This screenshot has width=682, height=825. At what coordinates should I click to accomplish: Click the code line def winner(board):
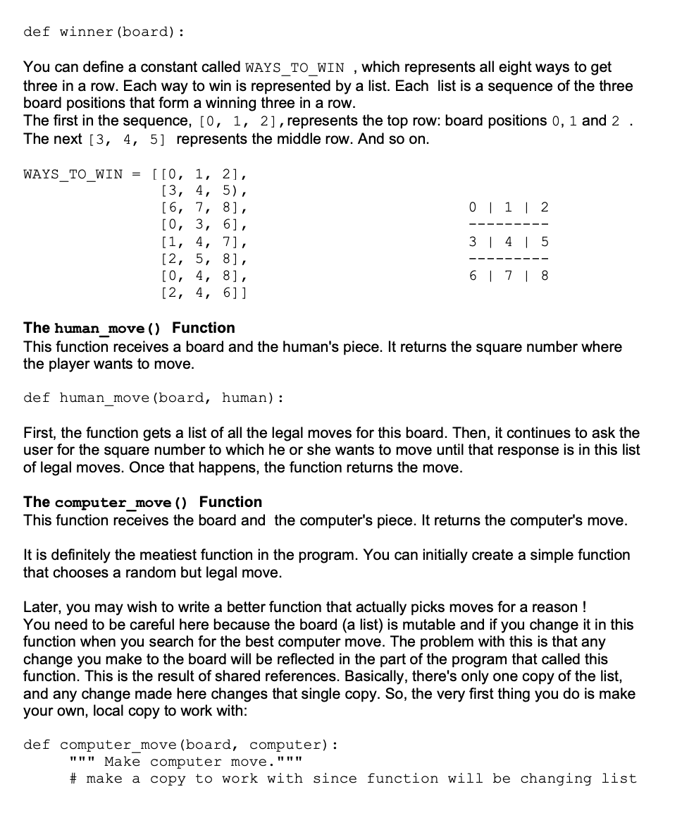(104, 32)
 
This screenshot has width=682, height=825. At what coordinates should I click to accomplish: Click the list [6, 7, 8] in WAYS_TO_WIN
(204, 208)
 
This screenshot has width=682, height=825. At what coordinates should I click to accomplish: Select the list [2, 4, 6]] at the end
(204, 293)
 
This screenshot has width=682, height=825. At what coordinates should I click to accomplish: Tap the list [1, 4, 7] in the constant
(204, 242)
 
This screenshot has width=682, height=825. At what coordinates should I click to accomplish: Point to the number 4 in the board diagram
(509, 242)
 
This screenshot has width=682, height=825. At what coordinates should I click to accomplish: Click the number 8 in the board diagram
(544, 276)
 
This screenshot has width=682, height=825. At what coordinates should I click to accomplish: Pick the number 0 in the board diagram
(473, 208)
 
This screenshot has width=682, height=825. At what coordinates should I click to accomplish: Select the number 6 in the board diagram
(473, 276)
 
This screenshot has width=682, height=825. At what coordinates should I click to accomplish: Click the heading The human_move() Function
(129, 328)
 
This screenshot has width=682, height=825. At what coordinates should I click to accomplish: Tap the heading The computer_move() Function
(142, 502)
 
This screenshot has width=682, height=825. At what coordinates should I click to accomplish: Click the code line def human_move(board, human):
(153, 398)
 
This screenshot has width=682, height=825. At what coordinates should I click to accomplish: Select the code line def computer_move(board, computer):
(180, 745)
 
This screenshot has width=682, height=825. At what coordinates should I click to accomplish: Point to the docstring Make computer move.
(186, 762)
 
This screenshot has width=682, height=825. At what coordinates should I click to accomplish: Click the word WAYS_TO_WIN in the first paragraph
(294, 68)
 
